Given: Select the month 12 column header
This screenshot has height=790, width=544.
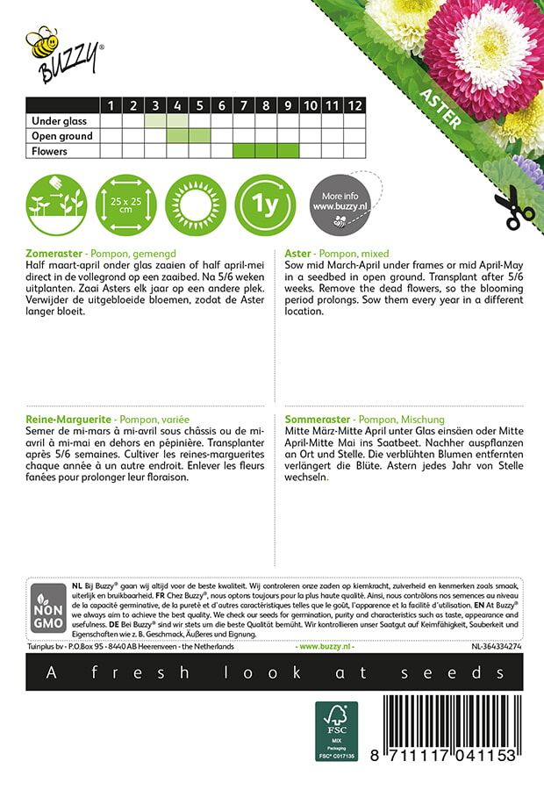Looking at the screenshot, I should coord(354,106).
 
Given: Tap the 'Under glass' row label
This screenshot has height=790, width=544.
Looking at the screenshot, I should coord(56,121).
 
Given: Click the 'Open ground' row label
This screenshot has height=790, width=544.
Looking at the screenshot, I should coord(61,136).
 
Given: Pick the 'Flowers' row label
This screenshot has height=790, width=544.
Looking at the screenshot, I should coord(48,151).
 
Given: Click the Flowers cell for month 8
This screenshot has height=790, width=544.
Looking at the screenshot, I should coord(266,151).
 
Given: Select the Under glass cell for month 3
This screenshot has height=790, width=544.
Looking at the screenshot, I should coord(155,121).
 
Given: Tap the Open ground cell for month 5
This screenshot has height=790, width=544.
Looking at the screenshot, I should coord(199,136).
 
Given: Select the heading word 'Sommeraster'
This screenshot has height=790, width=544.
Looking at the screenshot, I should coord(319,420).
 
